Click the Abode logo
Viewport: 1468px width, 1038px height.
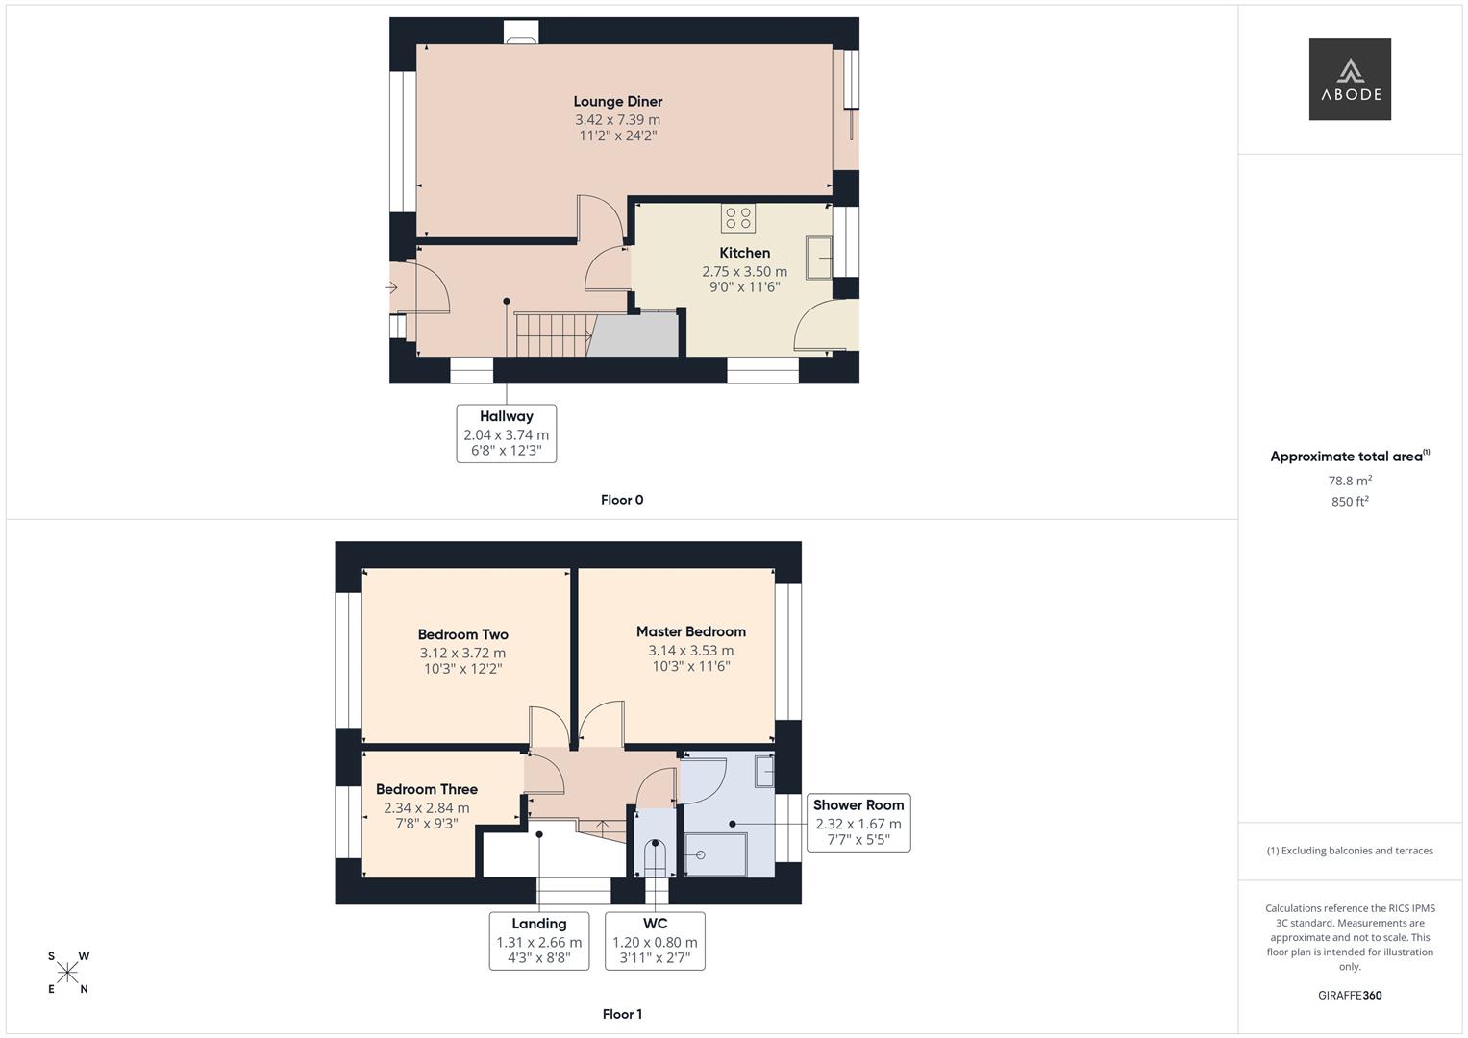tap(1349, 80)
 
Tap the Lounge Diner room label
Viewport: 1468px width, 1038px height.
tap(617, 102)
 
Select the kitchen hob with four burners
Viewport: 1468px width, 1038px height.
tap(737, 218)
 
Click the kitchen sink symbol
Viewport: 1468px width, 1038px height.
tap(819, 258)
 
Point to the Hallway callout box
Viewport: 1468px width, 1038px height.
tap(506, 433)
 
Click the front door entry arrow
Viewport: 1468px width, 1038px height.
tap(391, 287)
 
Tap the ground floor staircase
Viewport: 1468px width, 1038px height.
tap(552, 334)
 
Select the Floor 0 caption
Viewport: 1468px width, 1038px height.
tap(621, 500)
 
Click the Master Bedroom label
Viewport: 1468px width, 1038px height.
tap(690, 631)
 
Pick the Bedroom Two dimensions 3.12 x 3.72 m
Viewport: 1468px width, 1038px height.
tap(462, 653)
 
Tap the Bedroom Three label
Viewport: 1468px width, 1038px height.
tap(426, 789)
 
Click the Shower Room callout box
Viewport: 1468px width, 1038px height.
tap(858, 823)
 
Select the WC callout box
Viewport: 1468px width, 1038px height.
tap(655, 941)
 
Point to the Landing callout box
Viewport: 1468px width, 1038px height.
tap(538, 941)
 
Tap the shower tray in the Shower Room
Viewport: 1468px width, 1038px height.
tap(716, 855)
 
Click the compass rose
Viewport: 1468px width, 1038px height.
tap(67, 973)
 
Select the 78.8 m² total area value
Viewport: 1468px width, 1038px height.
tap(1349, 481)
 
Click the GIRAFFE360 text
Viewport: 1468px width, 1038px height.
tap(1349, 996)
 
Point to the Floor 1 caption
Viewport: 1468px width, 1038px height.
tap(621, 1014)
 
